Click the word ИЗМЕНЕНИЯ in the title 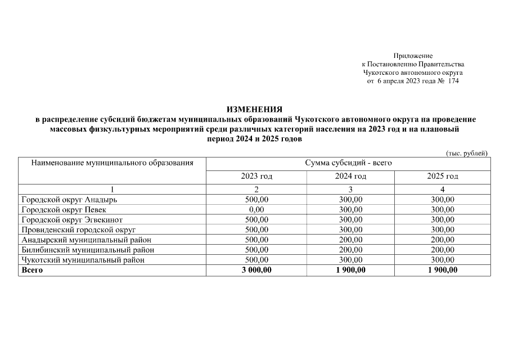pos(254,109)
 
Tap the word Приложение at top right pos(413,56)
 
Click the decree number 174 pos(453,81)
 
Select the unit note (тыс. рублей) pos(466,153)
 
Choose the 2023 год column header pos(256,177)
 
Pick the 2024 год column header pos(350,177)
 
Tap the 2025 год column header pos(442,177)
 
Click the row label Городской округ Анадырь pos(69,199)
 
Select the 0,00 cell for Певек pos(256,209)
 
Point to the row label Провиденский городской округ pos(78,229)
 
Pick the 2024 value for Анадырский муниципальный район pos(350,240)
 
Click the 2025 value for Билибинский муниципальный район pos(442,250)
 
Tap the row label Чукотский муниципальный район pos(83,260)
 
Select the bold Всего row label pos(32,270)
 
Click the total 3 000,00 pos(256,270)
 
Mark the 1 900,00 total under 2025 pos(442,270)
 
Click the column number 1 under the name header pos(112,190)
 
